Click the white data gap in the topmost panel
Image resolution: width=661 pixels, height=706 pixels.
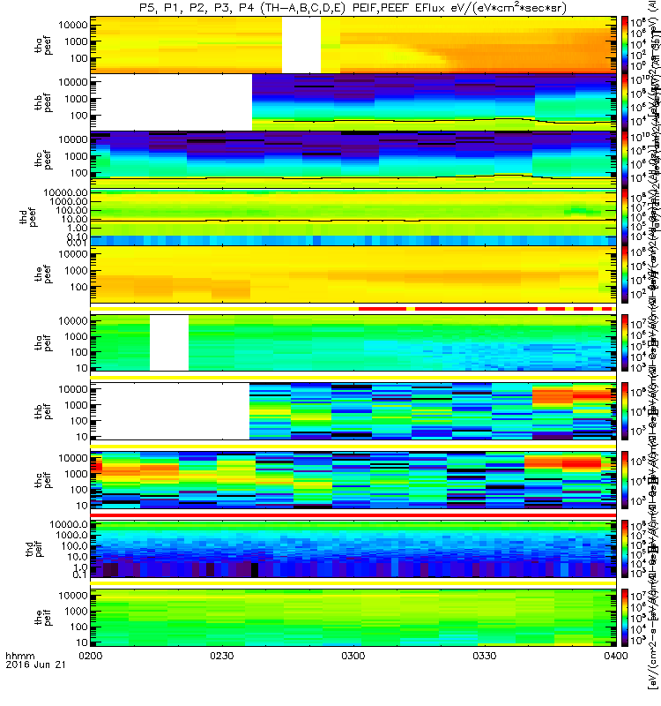[x=301, y=44]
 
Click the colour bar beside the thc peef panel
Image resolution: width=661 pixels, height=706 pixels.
[x=624, y=159]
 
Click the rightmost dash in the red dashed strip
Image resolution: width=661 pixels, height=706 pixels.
[x=606, y=309]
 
